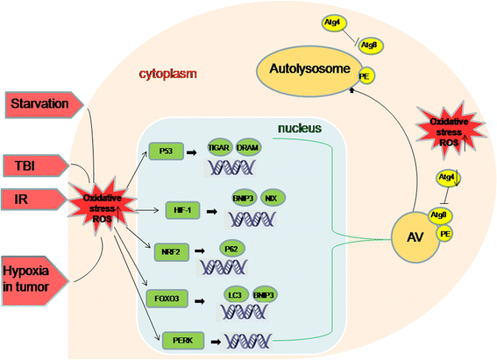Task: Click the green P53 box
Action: (x=166, y=151)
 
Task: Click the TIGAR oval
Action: (x=220, y=149)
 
